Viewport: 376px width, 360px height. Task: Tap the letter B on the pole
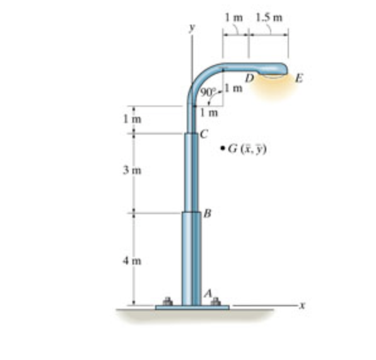pyautogui.click(x=206, y=214)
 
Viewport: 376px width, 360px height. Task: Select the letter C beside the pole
pyautogui.click(x=203, y=133)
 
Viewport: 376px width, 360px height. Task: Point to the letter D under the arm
pyautogui.click(x=249, y=78)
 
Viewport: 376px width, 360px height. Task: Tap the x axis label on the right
pyautogui.click(x=302, y=306)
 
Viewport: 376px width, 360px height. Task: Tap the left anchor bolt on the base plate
pyautogui.click(x=168, y=301)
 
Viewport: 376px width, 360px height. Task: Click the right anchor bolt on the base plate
pyautogui.click(x=215, y=301)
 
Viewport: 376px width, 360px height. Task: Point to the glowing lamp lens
pyautogui.click(x=273, y=76)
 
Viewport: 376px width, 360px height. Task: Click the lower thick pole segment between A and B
pyautogui.click(x=191, y=259)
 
